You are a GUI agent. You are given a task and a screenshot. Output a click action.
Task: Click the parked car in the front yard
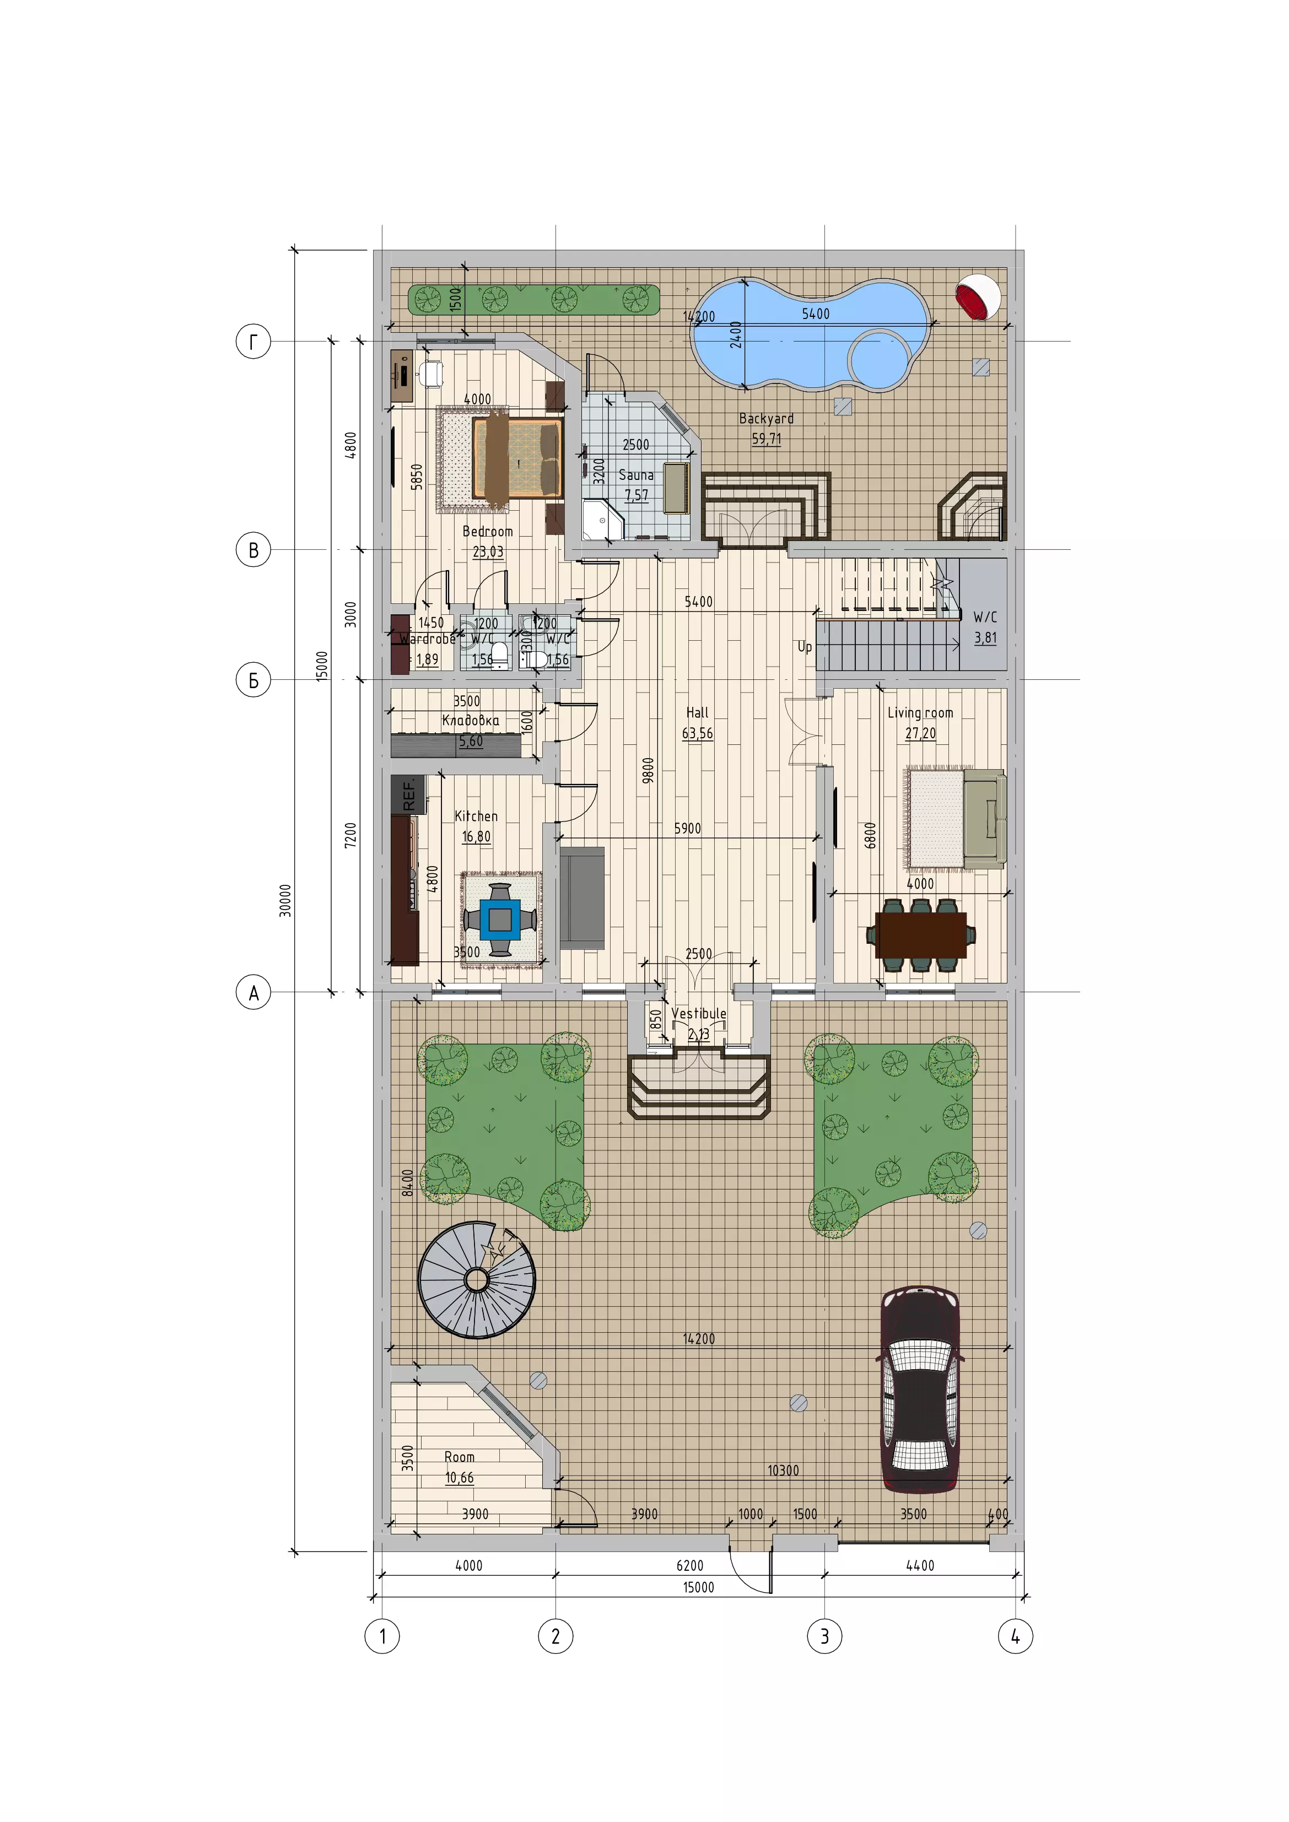pos(920,1390)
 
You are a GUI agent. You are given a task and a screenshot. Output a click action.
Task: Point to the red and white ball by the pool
pos(977,298)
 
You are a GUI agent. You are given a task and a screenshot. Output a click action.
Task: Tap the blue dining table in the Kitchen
pos(500,919)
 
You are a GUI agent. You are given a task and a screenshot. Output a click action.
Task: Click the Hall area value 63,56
pos(697,733)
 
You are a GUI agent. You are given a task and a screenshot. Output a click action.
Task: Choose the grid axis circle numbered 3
pos(824,1636)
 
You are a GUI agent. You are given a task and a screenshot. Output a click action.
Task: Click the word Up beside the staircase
pos(805,647)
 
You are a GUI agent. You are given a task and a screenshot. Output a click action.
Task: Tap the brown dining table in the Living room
pos(921,935)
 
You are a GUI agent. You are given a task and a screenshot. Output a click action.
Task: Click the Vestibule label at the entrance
pos(698,1013)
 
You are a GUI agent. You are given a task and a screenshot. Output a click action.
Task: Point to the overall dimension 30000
pos(285,901)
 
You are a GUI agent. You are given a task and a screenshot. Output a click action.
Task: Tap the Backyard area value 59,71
pos(766,439)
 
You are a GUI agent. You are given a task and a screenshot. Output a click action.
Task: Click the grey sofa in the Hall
pos(582,898)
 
